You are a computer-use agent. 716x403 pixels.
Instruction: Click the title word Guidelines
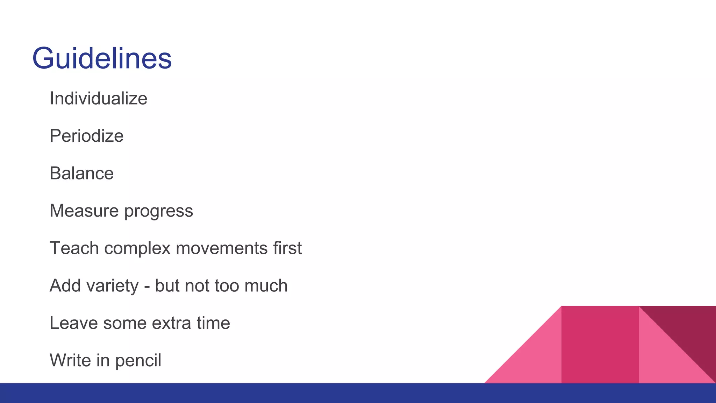102,58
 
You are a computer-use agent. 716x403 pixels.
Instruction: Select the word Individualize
98,99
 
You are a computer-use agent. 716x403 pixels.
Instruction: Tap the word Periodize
86,136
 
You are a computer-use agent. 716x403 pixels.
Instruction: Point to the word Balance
81,174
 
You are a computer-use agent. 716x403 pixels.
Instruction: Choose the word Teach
74,248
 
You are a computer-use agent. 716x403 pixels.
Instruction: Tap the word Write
70,361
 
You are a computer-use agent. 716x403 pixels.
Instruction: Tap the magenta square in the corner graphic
600,345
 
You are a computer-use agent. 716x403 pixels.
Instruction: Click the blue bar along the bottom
358,393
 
